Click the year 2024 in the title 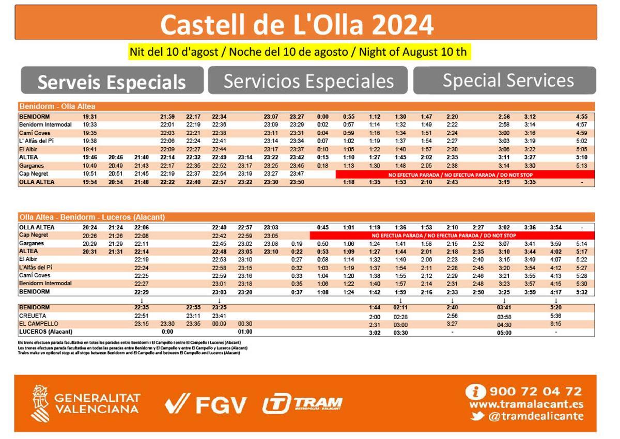pos(402,24)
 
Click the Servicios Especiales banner pos(308,81)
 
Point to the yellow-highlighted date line pos(298,52)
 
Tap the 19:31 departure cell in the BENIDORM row pos(89,117)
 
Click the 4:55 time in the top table pos(581,117)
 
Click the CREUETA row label pos(33,316)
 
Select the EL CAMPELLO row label pos(38,324)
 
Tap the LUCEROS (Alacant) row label pos(45,332)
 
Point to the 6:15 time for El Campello pos(556,324)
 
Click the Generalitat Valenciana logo pos(86,403)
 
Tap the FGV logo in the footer pos(206,404)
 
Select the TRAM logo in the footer pos(302,404)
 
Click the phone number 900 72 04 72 pos(535,391)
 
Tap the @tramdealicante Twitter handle pos(535,416)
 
